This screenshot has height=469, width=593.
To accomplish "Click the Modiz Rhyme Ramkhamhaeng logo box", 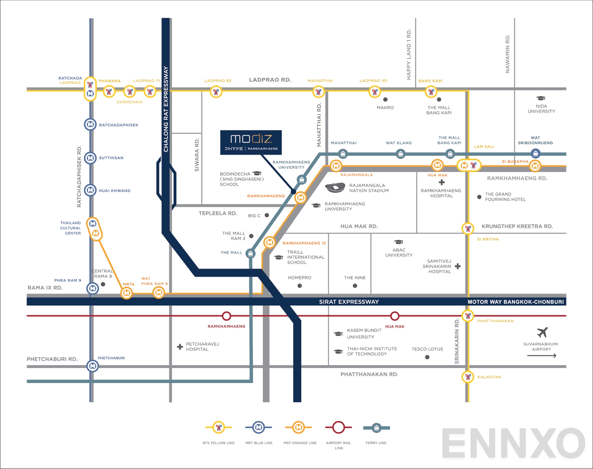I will coord(251,142).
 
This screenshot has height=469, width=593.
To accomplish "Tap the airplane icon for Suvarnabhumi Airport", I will coord(542,332).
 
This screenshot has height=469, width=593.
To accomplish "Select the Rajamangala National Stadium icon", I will coord(335,188).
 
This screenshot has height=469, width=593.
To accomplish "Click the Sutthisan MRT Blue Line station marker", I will coord(90,158).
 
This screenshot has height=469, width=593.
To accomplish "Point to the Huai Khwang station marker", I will coord(90,190).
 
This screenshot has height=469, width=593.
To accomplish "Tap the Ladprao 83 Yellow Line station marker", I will coord(216,92).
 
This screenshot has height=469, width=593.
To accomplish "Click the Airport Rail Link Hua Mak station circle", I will coord(395,316).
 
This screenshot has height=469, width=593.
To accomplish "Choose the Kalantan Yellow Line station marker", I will coord(468,377).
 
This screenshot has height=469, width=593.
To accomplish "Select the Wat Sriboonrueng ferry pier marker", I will coord(535,153).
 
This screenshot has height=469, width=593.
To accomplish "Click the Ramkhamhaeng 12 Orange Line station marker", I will coord(269,243).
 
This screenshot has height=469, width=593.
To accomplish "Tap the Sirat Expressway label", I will coord(349,302).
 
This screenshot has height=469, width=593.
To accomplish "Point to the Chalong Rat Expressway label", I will coord(166,109).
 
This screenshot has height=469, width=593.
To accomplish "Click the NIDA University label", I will coord(541,109).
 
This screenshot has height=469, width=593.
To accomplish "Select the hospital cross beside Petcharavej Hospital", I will coord(180,347).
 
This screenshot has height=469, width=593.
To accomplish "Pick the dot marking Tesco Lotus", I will coord(427,357).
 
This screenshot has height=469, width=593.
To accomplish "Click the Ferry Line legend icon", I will coord(376,428).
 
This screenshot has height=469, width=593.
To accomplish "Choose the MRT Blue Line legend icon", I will coord(259,428).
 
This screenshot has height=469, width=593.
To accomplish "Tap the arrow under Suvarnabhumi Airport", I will coord(541,356).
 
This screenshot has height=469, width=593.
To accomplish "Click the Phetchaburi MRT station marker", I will coord(92,366).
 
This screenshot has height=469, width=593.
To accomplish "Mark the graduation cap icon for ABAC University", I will coord(398,242).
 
